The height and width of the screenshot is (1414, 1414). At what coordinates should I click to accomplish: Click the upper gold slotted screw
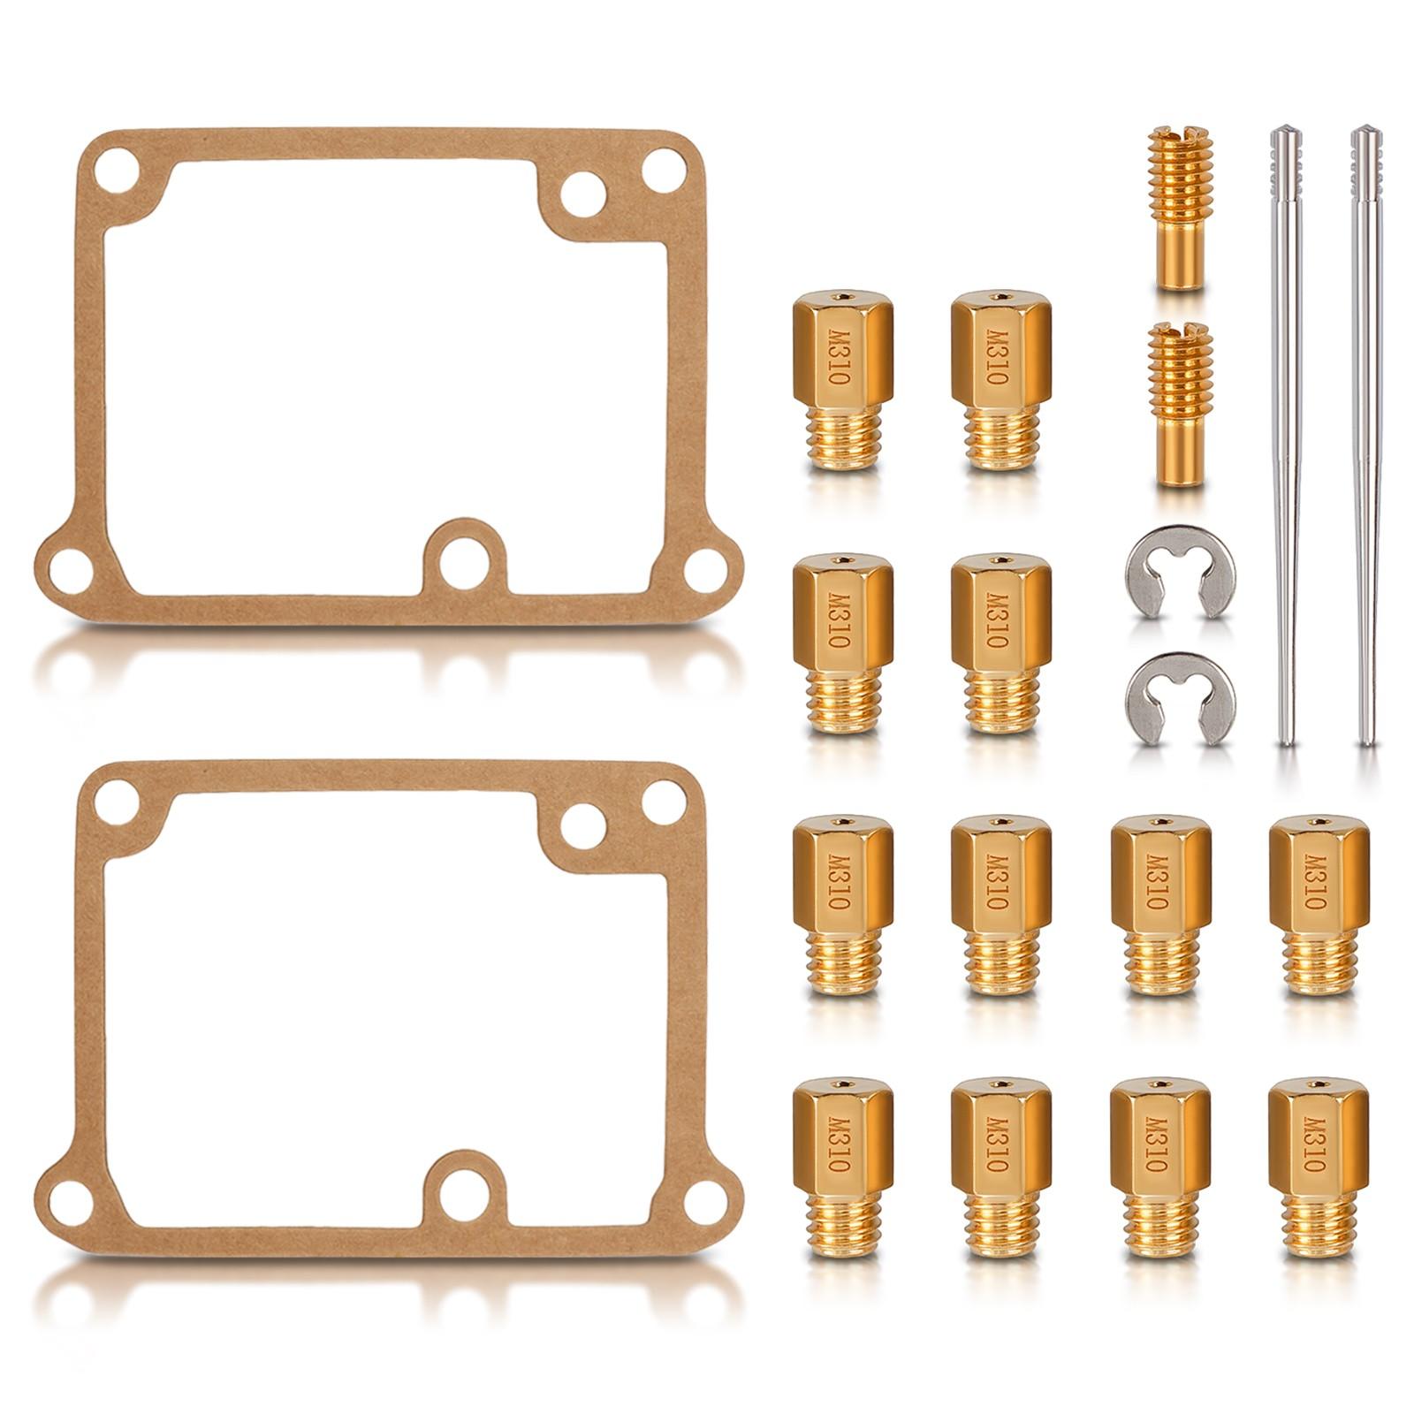(x=1180, y=209)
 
